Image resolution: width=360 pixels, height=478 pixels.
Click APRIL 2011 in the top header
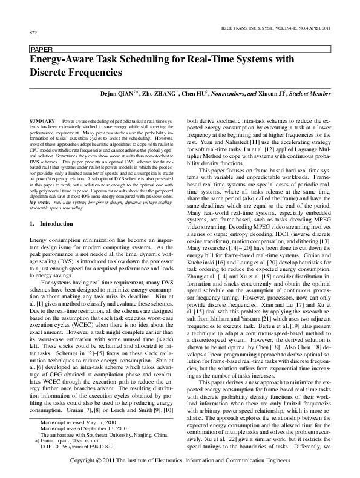(x=318, y=25)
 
